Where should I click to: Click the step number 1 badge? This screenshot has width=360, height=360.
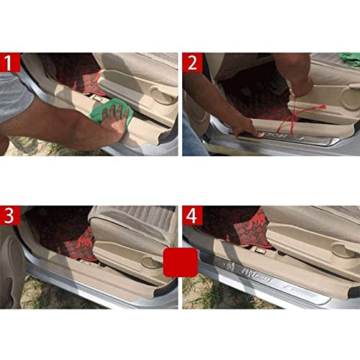click(x=9, y=63)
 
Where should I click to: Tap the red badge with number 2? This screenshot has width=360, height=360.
click(x=192, y=63)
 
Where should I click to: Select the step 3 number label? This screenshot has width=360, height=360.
click(x=9, y=216)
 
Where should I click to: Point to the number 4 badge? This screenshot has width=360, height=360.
click(x=192, y=216)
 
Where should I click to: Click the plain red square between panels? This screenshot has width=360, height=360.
click(x=179, y=264)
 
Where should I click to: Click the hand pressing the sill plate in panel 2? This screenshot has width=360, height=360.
click(x=245, y=128)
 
